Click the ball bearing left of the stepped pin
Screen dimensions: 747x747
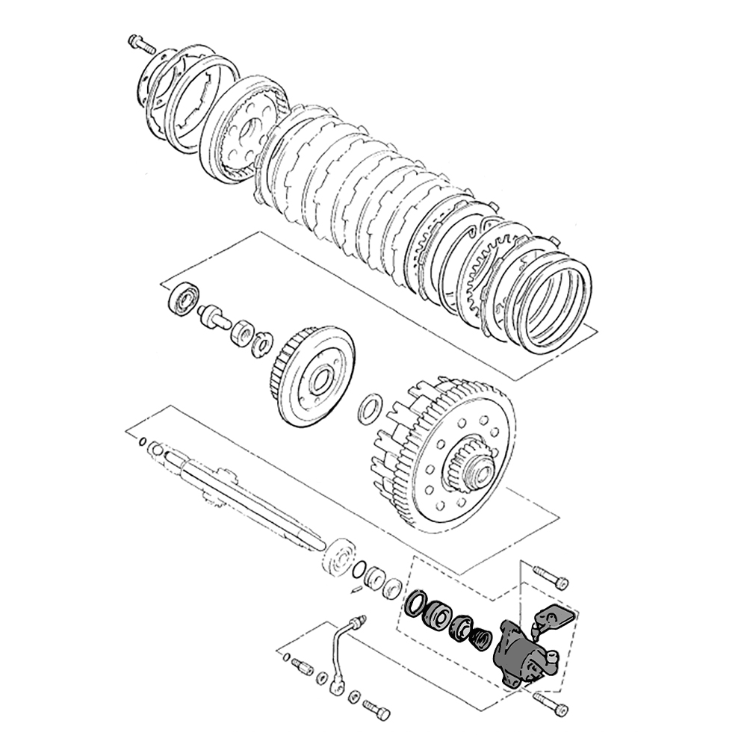click(183, 300)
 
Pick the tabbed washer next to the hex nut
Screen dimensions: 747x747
click(262, 344)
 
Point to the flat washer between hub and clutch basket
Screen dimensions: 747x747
click(370, 408)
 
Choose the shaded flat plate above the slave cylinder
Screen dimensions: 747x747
click(555, 617)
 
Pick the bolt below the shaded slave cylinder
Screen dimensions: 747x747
click(552, 704)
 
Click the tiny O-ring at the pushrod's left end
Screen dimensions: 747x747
click(142, 442)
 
